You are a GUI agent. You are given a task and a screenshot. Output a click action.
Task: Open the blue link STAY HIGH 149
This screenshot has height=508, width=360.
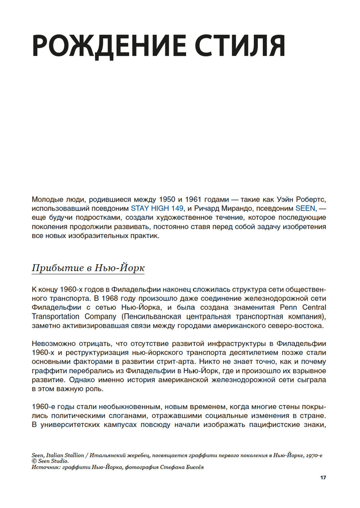[x=157, y=208]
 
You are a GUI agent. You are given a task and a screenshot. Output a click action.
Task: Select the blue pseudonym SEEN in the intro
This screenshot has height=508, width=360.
[x=305, y=208]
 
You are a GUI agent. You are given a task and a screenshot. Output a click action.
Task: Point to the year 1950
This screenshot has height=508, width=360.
[x=167, y=199]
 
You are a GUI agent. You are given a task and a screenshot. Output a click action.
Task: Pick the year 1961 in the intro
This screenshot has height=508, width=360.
[x=193, y=199]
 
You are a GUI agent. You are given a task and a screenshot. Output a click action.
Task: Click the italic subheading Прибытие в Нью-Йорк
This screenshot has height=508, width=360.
[x=88, y=268]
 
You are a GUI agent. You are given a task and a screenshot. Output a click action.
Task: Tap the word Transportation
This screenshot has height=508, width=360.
[x=55, y=316]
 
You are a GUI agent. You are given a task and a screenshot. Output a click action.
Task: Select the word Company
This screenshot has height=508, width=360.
[x=100, y=316]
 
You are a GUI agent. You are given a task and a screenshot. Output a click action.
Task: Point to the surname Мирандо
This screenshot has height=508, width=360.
[x=237, y=208]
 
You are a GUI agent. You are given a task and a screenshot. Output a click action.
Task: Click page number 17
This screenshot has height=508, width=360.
[x=323, y=477]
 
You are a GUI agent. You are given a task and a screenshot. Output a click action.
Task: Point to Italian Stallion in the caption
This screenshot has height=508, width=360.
[x=65, y=455]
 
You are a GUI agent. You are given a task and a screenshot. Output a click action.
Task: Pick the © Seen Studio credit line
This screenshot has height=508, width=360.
[x=50, y=461]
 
